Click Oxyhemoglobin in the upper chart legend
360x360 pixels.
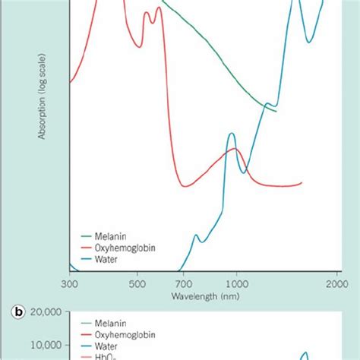point(121,247)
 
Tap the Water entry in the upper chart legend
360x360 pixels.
point(106,258)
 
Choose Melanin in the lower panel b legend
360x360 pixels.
point(109,322)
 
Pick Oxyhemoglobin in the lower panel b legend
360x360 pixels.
point(121,333)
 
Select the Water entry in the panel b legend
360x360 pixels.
point(106,345)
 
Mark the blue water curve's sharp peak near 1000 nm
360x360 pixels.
point(232,134)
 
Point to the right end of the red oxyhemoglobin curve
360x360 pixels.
point(302,182)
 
